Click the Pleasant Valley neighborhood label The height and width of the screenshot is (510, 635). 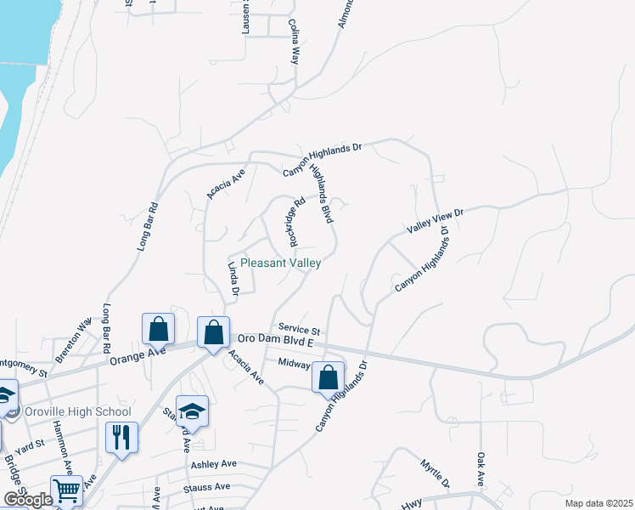click(280, 263)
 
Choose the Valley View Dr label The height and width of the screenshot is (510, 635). click(436, 221)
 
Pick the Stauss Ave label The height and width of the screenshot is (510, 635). click(207, 487)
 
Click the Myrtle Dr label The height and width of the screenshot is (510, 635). click(435, 473)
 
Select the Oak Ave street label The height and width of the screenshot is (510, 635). click(481, 469)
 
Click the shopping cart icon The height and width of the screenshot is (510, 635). click(66, 490)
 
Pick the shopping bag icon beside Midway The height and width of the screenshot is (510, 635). click(329, 375)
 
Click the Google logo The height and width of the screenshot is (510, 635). click(28, 500)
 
